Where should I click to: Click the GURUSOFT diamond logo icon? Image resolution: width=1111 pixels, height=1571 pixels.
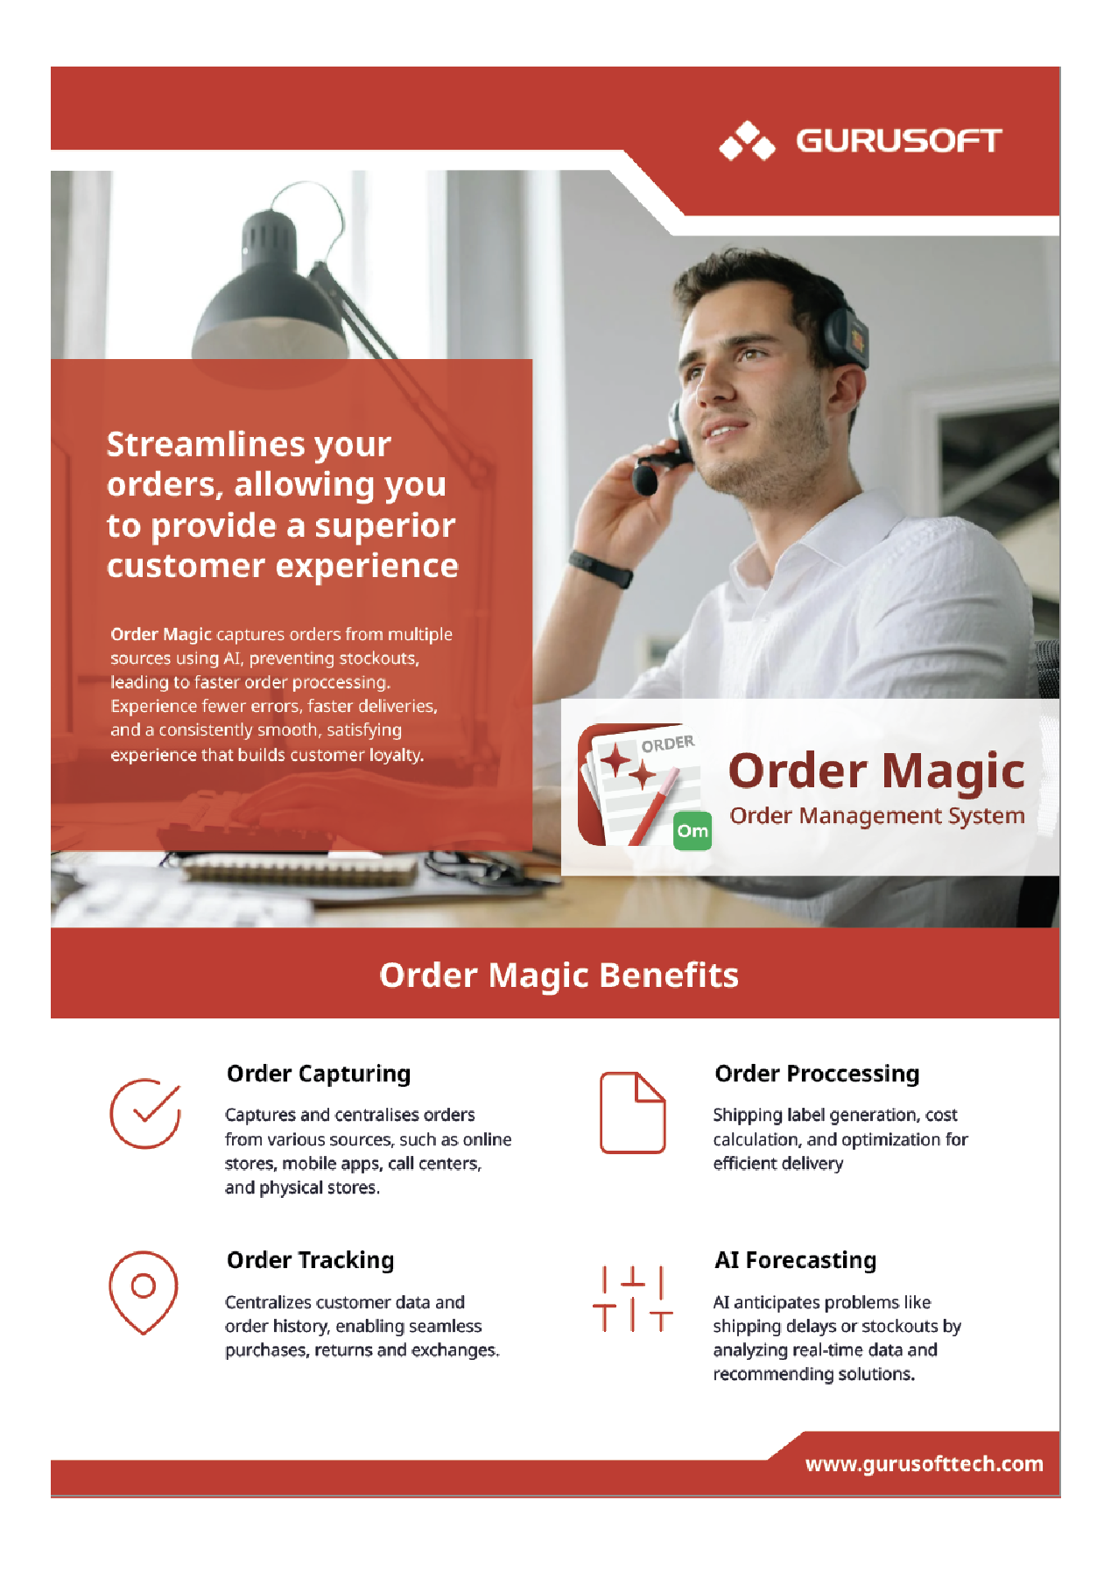747,141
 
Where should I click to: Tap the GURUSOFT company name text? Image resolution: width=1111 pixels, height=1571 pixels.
898,141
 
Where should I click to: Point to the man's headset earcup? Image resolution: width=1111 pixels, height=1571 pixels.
849,335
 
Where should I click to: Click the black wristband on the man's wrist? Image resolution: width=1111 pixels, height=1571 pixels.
601,568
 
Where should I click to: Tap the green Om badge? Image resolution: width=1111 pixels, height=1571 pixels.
693,831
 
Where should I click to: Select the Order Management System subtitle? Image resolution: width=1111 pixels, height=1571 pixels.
877,816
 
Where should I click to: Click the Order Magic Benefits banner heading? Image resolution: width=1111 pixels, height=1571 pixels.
559,975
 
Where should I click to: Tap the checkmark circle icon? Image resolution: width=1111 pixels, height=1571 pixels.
145,1113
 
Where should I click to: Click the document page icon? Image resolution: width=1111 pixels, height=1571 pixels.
632,1112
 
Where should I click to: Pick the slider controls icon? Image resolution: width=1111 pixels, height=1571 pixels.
632,1300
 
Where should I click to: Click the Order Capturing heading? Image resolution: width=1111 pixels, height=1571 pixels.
319,1074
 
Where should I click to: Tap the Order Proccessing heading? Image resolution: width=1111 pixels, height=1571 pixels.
817,1074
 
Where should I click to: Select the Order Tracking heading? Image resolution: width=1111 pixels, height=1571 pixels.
311,1261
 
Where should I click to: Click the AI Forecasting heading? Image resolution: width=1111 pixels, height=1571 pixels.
796,1261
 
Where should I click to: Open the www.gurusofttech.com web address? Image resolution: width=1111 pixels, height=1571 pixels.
925,1464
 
